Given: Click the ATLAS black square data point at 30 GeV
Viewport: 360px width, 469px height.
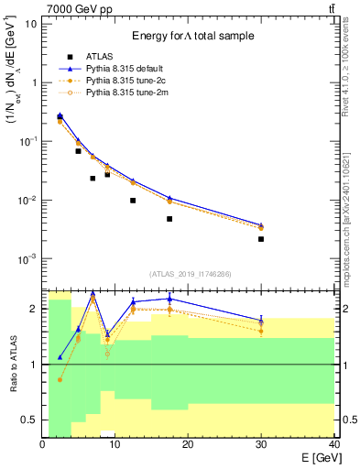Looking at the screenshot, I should pyautogui.click(x=261, y=239).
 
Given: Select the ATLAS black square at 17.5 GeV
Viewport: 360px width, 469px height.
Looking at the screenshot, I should pyautogui.click(x=169, y=219).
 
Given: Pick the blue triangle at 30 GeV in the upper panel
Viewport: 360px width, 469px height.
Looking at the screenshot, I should pyautogui.click(x=261, y=224).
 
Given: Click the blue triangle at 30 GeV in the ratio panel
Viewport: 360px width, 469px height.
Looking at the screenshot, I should pyautogui.click(x=261, y=320).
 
